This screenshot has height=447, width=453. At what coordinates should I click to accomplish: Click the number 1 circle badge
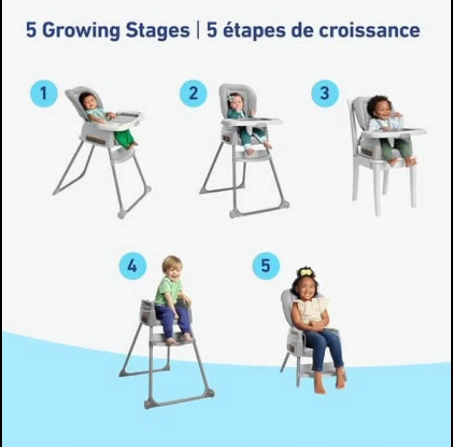[x=44, y=93]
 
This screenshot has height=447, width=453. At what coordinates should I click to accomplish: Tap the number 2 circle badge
[x=193, y=93]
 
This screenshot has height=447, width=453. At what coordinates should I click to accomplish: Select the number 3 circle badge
[x=325, y=93]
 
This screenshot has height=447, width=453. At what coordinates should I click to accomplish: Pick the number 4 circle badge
[x=132, y=266]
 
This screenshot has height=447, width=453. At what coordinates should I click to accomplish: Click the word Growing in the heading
[x=81, y=31]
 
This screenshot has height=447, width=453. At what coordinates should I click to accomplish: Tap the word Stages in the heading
[x=158, y=31]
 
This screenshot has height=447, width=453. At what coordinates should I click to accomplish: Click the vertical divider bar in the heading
[x=198, y=31]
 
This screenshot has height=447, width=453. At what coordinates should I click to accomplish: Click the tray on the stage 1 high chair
[x=126, y=118]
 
